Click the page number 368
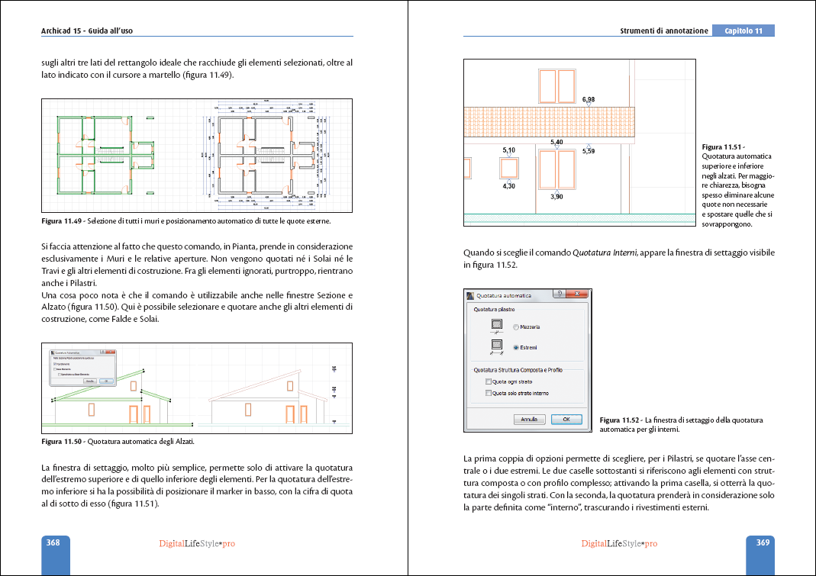53,543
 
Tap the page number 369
762,543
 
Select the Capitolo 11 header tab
743,31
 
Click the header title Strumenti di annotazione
663,31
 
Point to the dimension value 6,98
589,100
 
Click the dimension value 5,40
556,143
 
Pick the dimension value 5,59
589,151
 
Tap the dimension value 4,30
508,186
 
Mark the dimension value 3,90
556,197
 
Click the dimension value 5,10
508,150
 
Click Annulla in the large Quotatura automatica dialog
529,420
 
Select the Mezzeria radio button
516,327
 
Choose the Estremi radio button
516,348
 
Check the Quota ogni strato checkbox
489,381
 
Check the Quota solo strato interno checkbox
489,394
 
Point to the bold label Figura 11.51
722,146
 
